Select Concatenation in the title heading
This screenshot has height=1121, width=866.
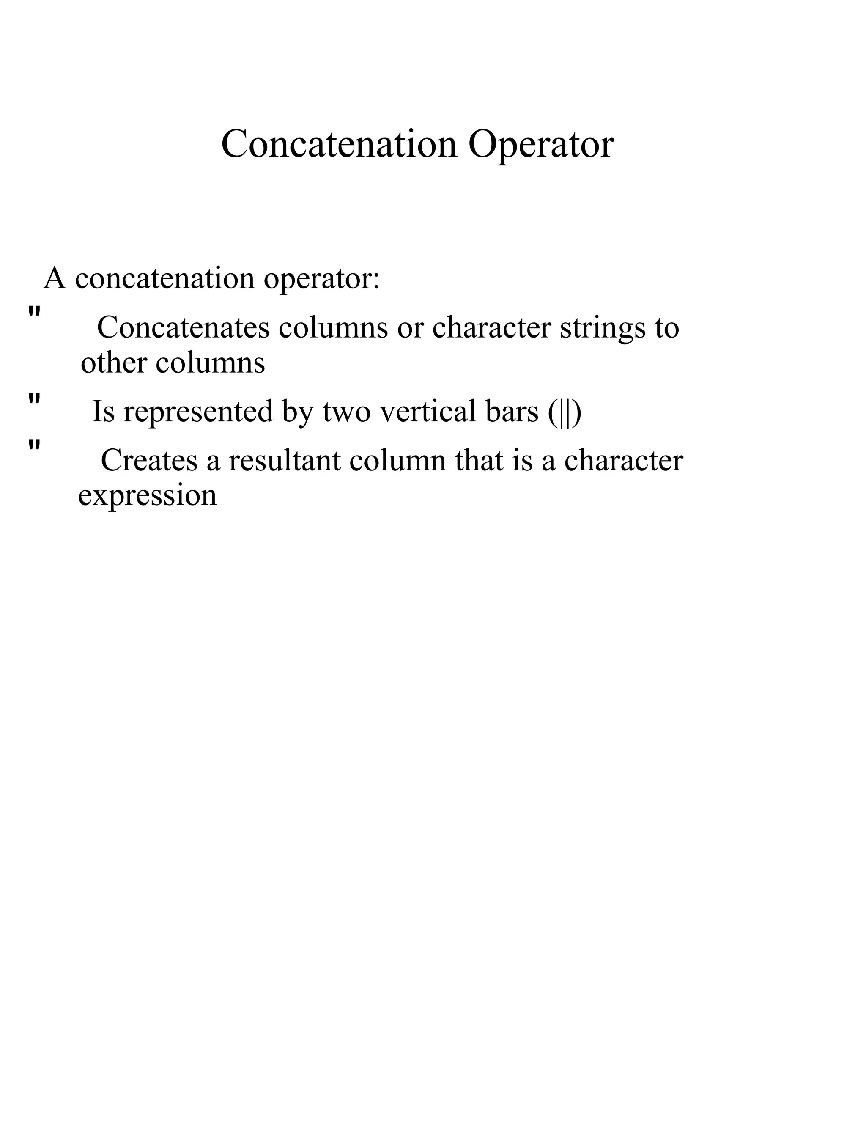(x=339, y=144)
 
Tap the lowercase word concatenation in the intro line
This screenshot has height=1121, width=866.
(x=164, y=279)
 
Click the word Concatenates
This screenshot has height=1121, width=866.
(x=183, y=327)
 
